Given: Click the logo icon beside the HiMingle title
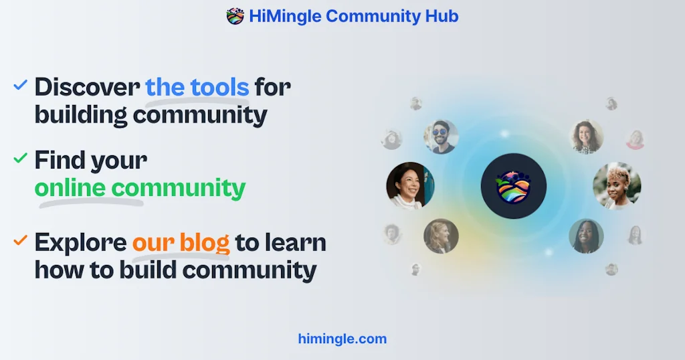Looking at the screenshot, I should pos(235,16).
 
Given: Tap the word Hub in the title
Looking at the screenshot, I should pos(442,16).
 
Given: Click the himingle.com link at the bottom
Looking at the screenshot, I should pos(342,339).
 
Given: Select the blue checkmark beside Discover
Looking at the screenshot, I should pos(21,85).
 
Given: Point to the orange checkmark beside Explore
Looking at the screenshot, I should pos(21,239).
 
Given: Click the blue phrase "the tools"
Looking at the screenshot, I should pos(197,87).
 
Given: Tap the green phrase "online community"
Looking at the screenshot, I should pos(140,188).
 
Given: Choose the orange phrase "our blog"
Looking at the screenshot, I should pos(181,242).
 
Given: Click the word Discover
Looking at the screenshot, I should pos(87,87).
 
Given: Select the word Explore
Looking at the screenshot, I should pos(80,242).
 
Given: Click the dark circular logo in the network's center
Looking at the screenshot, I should pos(514,186).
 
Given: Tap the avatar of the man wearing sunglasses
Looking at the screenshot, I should pos(441,137).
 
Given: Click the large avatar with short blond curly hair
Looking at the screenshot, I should pos(617,185).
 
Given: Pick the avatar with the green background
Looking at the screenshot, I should pos(586,236).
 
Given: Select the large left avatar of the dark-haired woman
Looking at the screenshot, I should pos(410,185).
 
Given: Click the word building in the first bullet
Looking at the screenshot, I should pos(81,115).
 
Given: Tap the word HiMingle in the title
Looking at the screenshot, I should pos(287,16).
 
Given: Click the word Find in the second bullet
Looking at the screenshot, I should pos(60,161).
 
